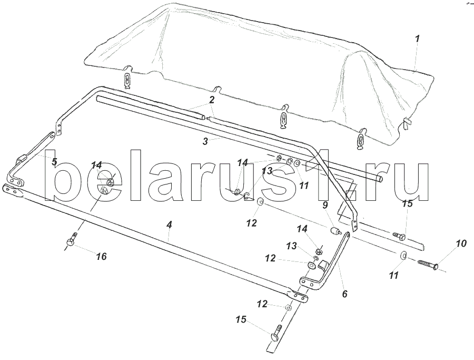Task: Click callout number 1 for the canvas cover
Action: (x=417, y=38)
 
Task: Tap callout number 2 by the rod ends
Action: (x=211, y=100)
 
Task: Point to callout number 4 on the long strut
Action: (x=169, y=225)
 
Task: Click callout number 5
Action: (x=54, y=161)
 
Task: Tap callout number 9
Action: (x=325, y=205)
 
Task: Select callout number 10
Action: (x=461, y=244)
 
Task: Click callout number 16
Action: (x=101, y=256)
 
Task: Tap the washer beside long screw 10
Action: (x=402, y=256)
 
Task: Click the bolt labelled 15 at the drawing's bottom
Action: (x=277, y=333)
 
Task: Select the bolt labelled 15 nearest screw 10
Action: (x=399, y=236)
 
